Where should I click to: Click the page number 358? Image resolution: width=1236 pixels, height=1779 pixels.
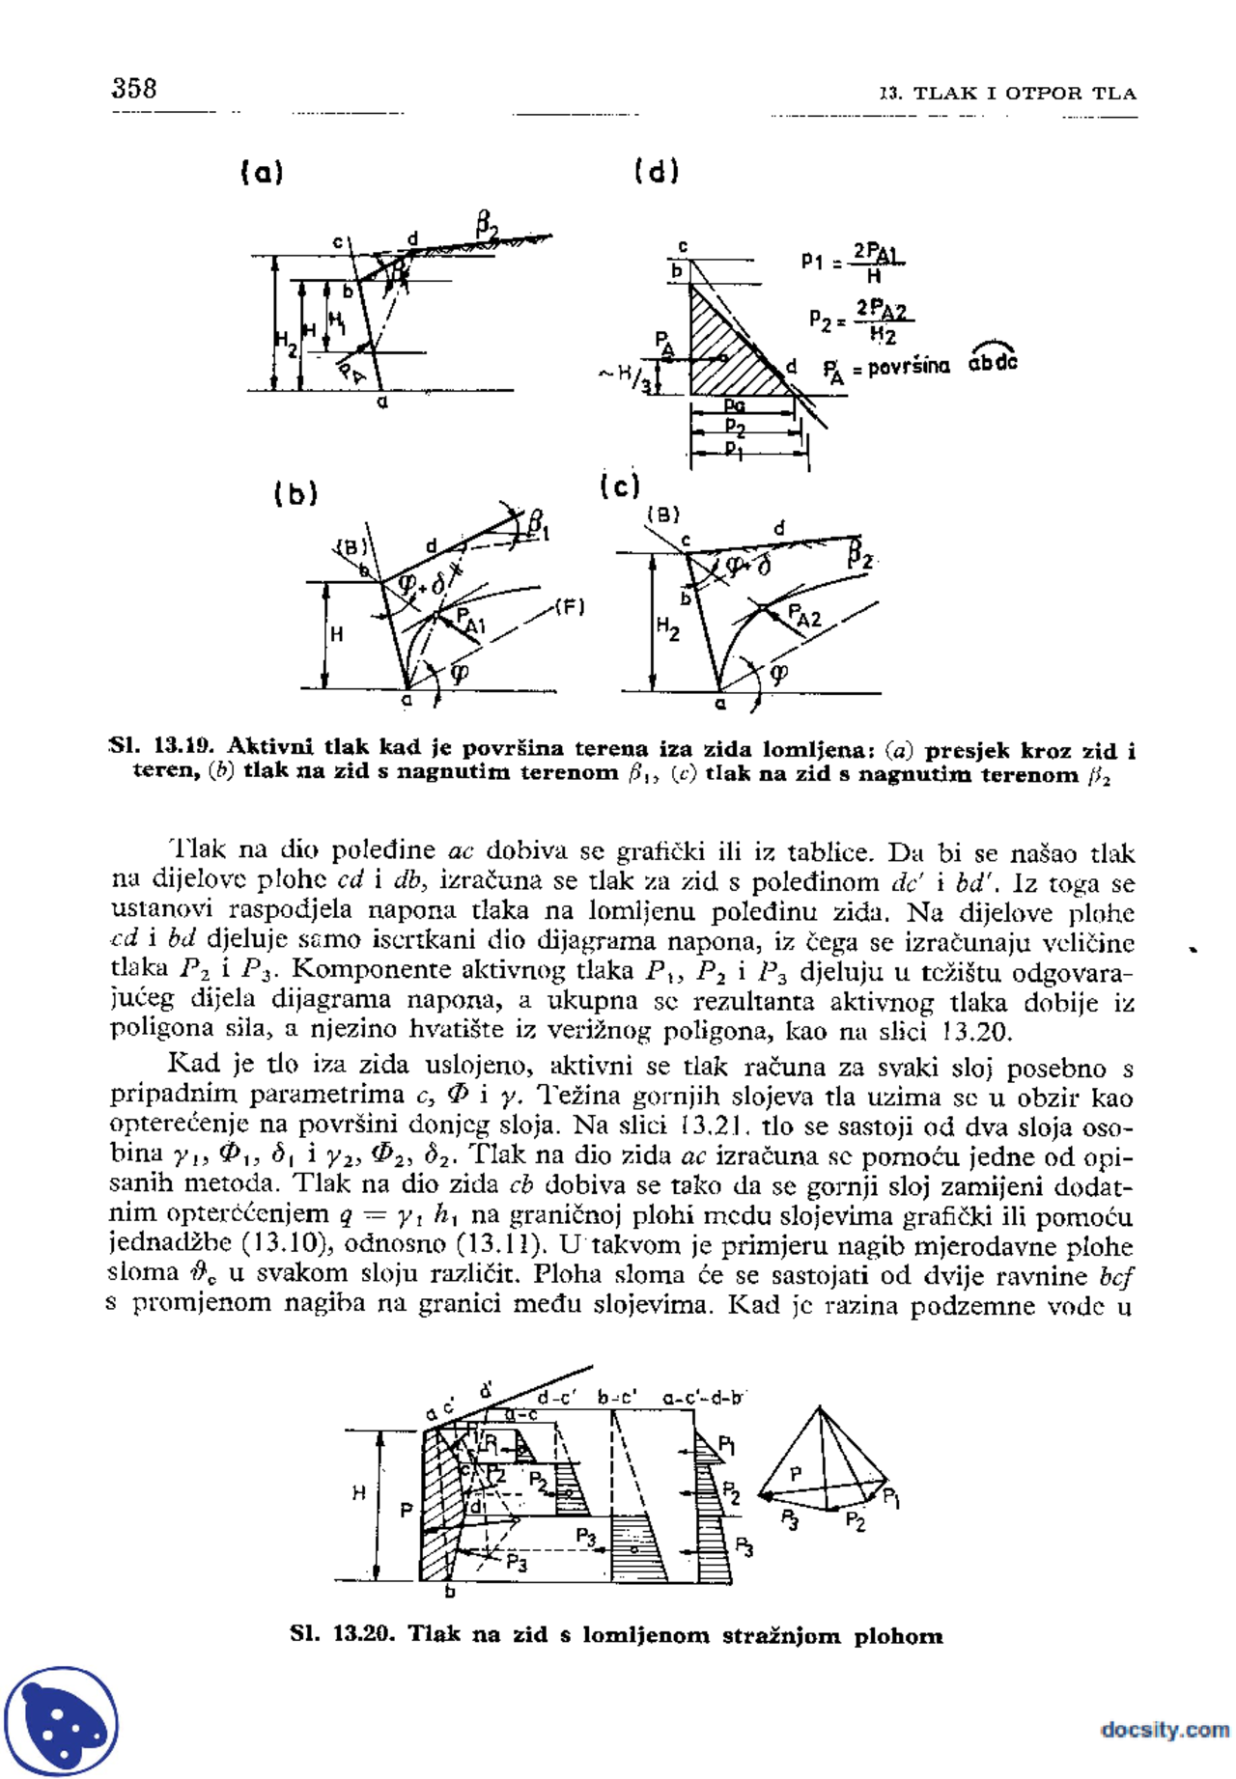(134, 89)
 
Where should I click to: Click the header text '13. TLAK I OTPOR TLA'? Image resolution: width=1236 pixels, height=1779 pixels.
(1007, 94)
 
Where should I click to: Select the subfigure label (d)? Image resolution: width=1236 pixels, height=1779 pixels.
(657, 171)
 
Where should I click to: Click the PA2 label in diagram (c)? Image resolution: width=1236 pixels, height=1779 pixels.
(803, 615)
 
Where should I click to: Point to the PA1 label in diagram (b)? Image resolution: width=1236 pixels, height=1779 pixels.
(470, 621)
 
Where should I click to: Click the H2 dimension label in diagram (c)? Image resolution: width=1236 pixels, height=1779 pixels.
(667, 628)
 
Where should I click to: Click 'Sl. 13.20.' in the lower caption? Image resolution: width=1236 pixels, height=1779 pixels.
(342, 1634)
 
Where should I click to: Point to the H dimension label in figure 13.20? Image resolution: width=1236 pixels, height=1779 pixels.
(358, 1492)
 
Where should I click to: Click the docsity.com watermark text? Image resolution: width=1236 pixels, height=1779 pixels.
(1165, 1729)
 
